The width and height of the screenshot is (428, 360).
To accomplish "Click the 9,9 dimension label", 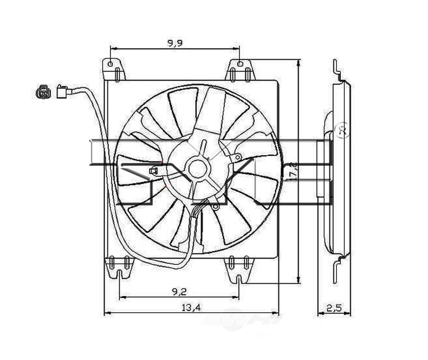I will (175, 43).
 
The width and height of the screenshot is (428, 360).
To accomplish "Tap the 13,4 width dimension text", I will (191, 307).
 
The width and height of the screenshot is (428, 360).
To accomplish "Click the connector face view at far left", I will (43, 92).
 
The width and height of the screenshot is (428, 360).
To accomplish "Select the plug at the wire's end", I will (62, 91).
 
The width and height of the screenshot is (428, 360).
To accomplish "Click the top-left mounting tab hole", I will (110, 64).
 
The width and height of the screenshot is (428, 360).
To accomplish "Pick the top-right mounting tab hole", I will (240, 64).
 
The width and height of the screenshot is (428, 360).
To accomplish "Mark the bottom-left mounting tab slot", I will (119, 275).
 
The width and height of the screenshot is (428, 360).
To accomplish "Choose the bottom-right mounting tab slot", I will (239, 279).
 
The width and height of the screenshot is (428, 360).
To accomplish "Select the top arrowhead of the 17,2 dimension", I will (298, 62).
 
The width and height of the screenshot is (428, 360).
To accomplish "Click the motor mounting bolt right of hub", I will (237, 157).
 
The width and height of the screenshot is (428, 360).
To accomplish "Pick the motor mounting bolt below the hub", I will (215, 207).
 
